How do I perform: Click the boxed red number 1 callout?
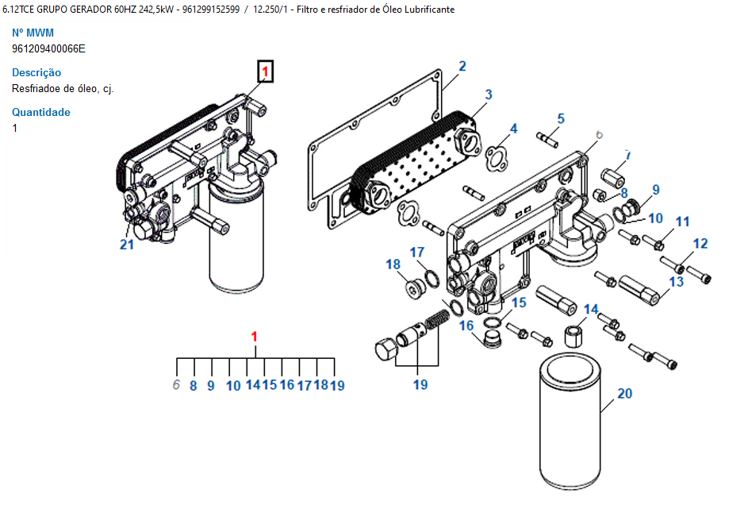265,71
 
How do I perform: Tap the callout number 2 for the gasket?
462,66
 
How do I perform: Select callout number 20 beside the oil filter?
624,393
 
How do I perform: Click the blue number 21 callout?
127,245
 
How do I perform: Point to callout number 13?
676,282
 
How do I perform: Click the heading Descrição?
36,73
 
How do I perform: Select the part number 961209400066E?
48,48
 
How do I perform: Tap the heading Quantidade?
40,112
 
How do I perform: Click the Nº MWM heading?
33,33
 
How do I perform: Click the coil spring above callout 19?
436,318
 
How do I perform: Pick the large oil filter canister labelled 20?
570,422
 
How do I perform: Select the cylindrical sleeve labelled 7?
612,178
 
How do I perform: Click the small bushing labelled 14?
573,336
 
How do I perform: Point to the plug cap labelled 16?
491,340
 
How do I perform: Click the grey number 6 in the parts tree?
177,384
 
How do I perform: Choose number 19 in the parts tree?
337,385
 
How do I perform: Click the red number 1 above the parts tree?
255,337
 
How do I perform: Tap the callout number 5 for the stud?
561,118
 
